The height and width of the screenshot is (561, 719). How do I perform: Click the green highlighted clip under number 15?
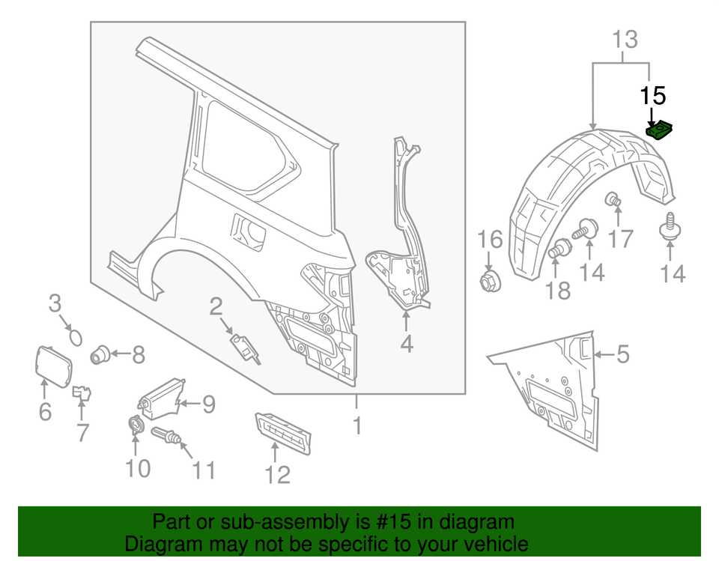[x=660, y=130]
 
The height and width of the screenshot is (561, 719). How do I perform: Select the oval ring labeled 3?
[x=75, y=336]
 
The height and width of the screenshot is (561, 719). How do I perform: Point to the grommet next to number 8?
[x=100, y=354]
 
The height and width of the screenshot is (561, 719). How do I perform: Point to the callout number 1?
[x=357, y=425]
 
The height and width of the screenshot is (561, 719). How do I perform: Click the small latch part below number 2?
[x=245, y=347]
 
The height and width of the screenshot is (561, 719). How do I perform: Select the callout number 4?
[x=406, y=344]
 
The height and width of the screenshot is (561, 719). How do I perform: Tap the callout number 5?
[x=623, y=354]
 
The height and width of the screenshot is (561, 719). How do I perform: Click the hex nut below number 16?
[x=491, y=282]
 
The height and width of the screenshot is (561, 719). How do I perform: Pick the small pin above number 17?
[x=614, y=199]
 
